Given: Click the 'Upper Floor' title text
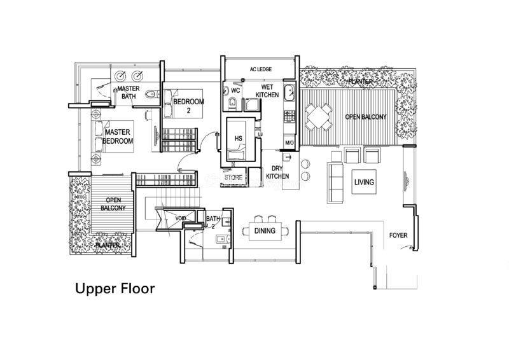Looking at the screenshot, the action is (115, 289).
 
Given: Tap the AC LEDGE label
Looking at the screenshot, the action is (261, 69).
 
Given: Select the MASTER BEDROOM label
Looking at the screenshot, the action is (118, 137).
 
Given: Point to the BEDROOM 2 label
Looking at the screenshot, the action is (188, 106).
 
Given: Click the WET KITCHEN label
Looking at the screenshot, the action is (267, 91).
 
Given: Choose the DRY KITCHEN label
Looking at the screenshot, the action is (277, 172).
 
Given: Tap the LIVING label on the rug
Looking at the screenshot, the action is (364, 182).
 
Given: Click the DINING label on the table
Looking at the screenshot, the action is (265, 231).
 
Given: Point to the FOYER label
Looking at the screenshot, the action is (398, 235).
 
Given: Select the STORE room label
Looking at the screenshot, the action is (234, 177).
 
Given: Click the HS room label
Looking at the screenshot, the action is (239, 139).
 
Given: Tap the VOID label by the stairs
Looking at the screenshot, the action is (181, 218).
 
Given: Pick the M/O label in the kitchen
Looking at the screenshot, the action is (289, 143).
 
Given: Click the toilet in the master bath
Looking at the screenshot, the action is (151, 95).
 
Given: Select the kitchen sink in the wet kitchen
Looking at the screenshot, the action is (289, 92).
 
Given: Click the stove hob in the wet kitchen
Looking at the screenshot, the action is (289, 115).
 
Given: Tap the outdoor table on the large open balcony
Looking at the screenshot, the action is (319, 116).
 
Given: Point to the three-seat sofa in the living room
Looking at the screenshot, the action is (335, 183).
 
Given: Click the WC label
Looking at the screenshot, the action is (235, 90).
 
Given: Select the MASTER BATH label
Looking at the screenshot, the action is (129, 92).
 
